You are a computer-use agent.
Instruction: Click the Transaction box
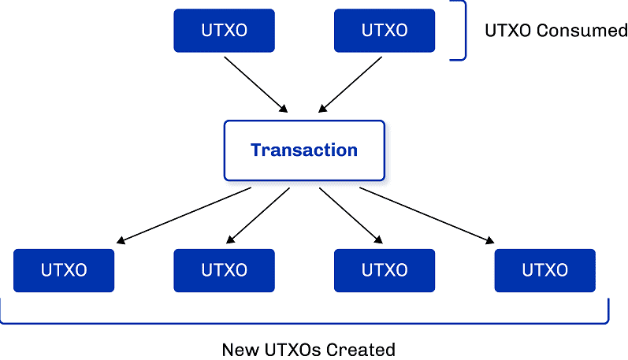(x=304, y=150)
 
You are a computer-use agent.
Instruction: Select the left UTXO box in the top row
(x=224, y=31)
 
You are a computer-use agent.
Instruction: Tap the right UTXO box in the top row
(x=385, y=31)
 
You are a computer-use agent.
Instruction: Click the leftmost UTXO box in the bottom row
(x=64, y=270)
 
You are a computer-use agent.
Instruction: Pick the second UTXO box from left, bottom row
(x=224, y=270)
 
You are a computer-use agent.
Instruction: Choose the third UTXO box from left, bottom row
(x=385, y=270)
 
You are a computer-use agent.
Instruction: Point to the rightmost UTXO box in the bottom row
(x=544, y=270)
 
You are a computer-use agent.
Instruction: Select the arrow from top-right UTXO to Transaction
(x=350, y=83)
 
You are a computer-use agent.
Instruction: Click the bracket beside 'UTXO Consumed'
(x=464, y=31)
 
